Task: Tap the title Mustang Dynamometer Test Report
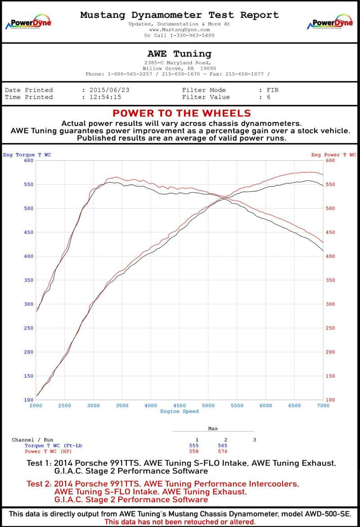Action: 180,15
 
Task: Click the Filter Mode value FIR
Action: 272,90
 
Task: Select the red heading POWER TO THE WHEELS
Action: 181,113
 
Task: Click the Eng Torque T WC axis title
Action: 27,155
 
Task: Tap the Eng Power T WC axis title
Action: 333,155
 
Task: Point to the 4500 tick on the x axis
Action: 180,405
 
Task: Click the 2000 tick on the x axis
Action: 36,405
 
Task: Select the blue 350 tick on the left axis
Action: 29,280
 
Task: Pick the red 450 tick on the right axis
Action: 330,232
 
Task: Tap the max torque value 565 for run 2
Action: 225,446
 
